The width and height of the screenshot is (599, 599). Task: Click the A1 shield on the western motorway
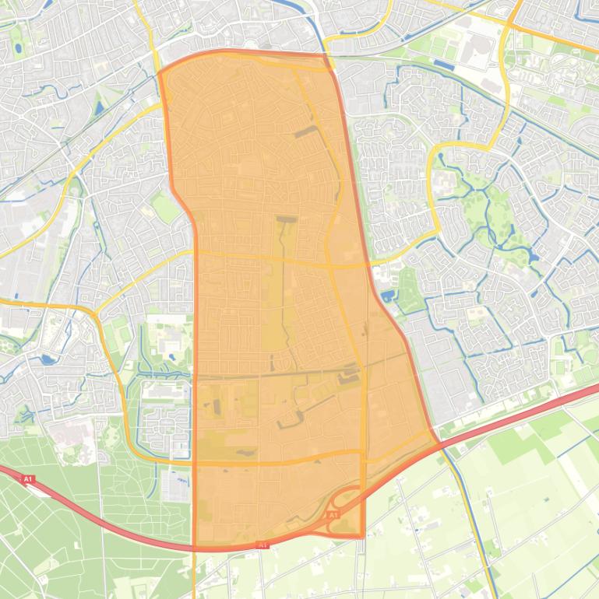pos(29,479)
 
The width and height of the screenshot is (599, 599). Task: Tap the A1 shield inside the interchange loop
pos(333,515)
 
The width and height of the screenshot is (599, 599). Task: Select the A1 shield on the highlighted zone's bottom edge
pos(263,545)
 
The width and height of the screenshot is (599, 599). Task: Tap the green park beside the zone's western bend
pos(164,207)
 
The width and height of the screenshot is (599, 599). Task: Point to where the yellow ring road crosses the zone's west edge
pos(194,252)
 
